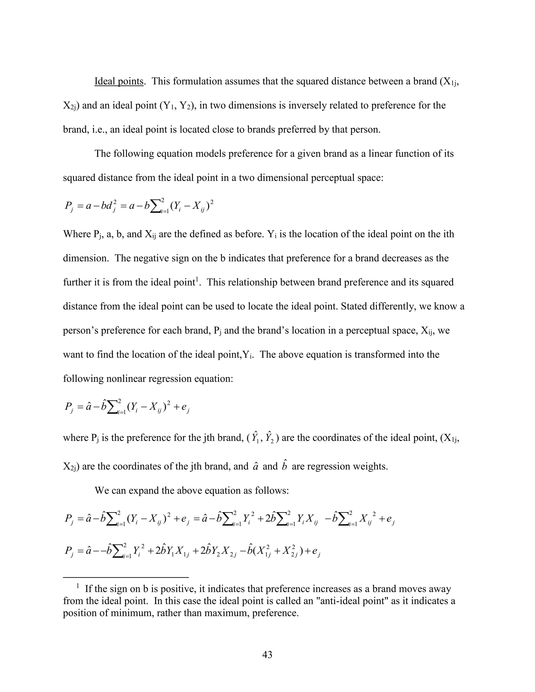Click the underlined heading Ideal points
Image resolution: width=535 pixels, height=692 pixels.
[x=119, y=81]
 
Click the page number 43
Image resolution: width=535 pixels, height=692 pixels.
[x=267, y=655]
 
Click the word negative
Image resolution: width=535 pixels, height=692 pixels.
[x=152, y=258]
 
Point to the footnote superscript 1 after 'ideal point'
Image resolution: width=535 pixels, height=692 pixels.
[x=197, y=279]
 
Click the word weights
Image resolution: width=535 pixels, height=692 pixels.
[x=373, y=467]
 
